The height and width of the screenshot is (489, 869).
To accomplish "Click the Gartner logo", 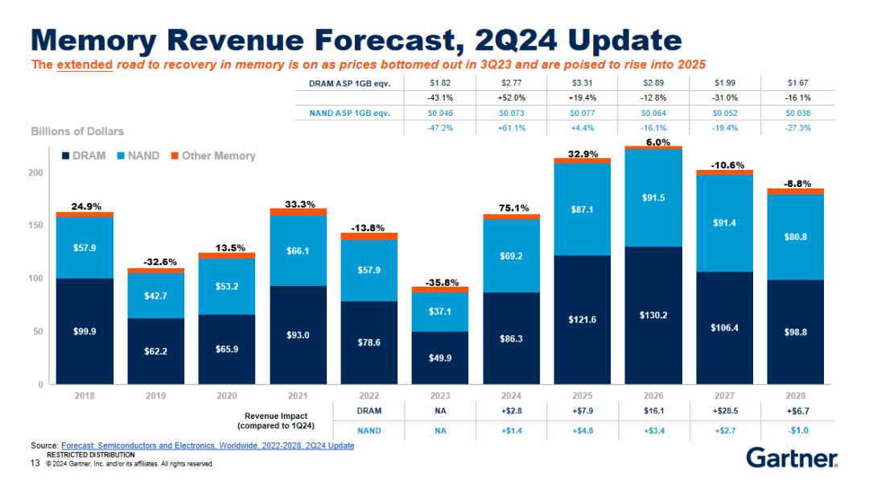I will coord(792,458).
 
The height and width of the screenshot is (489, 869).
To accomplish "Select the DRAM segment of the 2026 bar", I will coord(653,315).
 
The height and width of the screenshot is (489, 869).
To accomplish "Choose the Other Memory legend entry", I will coord(212,155).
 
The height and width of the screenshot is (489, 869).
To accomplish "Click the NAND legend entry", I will coord(138,155).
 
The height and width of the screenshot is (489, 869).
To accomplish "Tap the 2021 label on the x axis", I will coord(299,396).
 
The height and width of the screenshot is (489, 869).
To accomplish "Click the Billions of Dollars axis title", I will coord(77,131).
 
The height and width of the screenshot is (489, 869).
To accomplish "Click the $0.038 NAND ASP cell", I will coord(797,113).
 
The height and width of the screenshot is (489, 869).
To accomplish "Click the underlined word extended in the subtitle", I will coord(84,64).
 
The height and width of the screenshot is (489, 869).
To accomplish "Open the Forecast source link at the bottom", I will coord(207,445).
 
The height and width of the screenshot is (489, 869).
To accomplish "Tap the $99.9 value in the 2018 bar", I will coord(84,331).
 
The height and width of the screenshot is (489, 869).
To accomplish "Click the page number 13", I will coord(35,463).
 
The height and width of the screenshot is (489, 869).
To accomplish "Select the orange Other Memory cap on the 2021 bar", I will coord(299,212).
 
